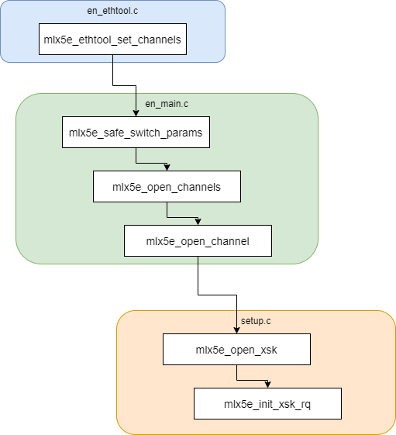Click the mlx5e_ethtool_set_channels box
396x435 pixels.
pyautogui.click(x=112, y=39)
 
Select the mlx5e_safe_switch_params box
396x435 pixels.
pyautogui.click(x=136, y=132)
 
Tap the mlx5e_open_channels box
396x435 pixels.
pyautogui.click(x=167, y=186)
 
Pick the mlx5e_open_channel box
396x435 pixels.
pyautogui.click(x=198, y=241)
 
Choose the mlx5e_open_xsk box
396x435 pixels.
pyautogui.click(x=236, y=349)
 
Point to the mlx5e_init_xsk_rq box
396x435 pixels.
pyautogui.click(x=267, y=404)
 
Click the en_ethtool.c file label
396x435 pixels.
pyautogui.click(x=112, y=11)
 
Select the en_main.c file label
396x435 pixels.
pyautogui.click(x=167, y=104)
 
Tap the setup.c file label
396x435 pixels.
pyautogui.click(x=256, y=321)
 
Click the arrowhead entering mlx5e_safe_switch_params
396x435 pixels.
pyautogui.click(x=136, y=113)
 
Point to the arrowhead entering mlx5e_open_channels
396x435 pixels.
pyautogui.click(x=167, y=167)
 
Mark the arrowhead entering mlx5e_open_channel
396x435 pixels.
pyautogui.click(x=198, y=222)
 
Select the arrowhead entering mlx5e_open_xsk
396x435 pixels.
pyautogui.click(x=236, y=330)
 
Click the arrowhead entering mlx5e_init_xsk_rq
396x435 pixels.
pyautogui.click(x=267, y=385)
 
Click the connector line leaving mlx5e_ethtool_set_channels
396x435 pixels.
pyautogui.click(x=124, y=86)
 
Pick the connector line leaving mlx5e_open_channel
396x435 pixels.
pyautogui.click(x=217, y=295)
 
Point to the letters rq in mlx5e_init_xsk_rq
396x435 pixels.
pyautogui.click(x=305, y=405)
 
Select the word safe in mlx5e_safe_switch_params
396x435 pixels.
pyautogui.click(x=114, y=133)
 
